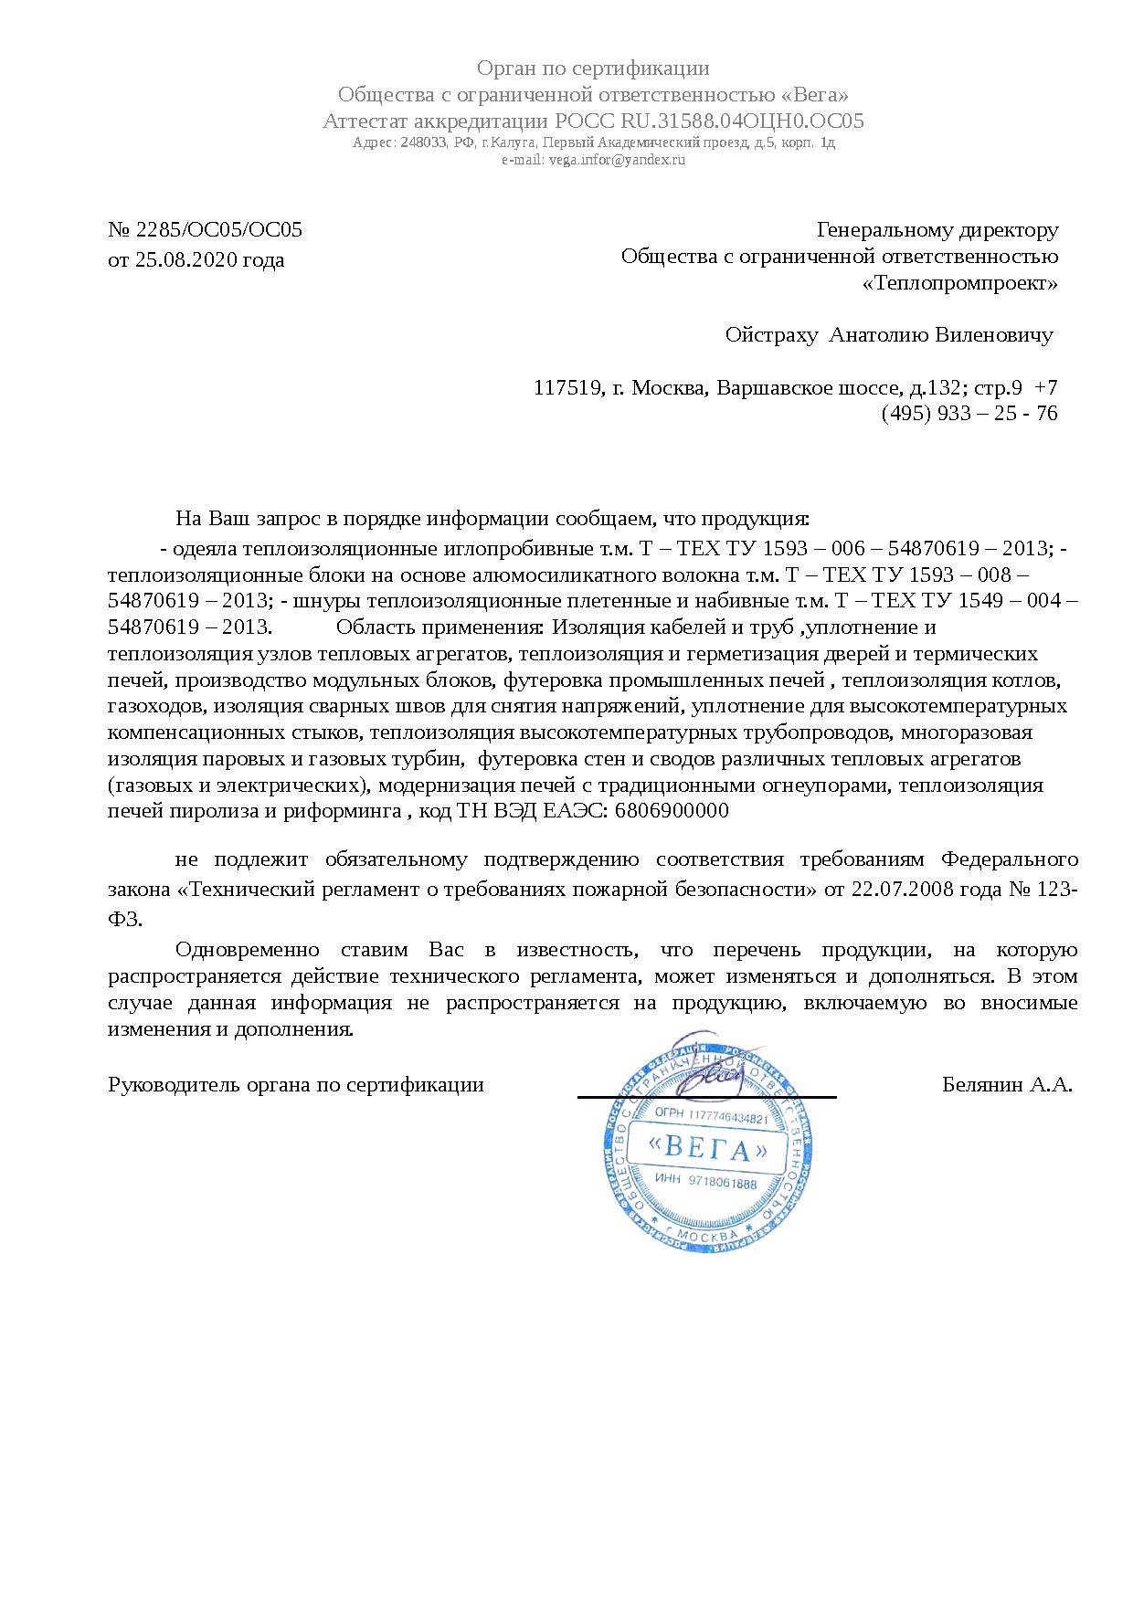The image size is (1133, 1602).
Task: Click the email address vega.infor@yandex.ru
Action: pyautogui.click(x=616, y=160)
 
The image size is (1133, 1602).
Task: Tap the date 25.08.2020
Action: pyautogui.click(x=187, y=260)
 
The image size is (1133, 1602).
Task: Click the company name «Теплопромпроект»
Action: pyautogui.click(x=960, y=283)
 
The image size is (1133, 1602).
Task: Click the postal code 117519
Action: pyautogui.click(x=566, y=388)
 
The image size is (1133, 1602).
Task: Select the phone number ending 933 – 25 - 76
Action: pyautogui.click(x=969, y=414)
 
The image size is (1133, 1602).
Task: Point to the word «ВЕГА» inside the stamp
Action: pyautogui.click(x=705, y=1147)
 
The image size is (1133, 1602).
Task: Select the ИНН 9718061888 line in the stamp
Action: pyautogui.click(x=706, y=1184)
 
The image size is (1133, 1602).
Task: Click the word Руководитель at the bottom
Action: pyautogui.click(x=164, y=1085)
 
